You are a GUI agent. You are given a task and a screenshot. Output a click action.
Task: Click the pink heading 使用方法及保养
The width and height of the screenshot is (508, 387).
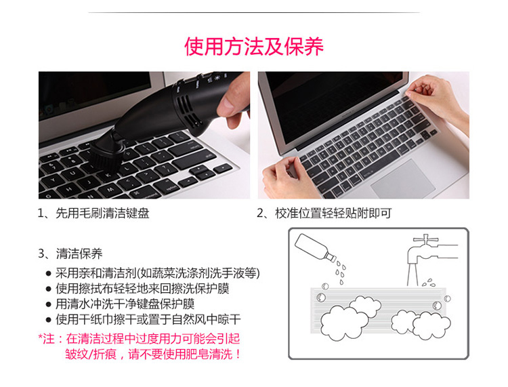click(254, 47)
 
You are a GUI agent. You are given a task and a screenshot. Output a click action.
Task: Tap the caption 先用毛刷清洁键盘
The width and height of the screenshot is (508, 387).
click(102, 213)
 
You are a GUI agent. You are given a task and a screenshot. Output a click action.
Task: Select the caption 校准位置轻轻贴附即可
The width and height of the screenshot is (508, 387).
click(333, 213)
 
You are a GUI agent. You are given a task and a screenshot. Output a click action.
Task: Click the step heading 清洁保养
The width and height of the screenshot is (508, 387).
click(79, 253)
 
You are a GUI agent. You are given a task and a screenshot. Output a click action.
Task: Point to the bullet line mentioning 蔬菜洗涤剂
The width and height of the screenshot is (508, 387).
click(157, 273)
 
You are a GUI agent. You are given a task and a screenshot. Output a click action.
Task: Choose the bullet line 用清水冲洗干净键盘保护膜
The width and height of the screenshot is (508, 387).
click(125, 304)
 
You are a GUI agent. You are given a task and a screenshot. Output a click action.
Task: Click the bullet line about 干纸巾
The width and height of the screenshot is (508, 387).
click(148, 320)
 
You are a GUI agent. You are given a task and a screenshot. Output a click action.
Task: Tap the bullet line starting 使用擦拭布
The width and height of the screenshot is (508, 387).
click(142, 289)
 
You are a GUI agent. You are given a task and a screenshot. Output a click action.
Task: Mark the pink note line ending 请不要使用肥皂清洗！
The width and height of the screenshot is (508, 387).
click(153, 354)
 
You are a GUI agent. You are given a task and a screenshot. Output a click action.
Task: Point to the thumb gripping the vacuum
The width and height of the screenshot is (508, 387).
click(232, 103)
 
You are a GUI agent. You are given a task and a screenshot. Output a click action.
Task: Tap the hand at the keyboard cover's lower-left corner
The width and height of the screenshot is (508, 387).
click(285, 179)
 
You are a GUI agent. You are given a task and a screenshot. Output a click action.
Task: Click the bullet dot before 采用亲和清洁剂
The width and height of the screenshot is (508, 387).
click(49, 274)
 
